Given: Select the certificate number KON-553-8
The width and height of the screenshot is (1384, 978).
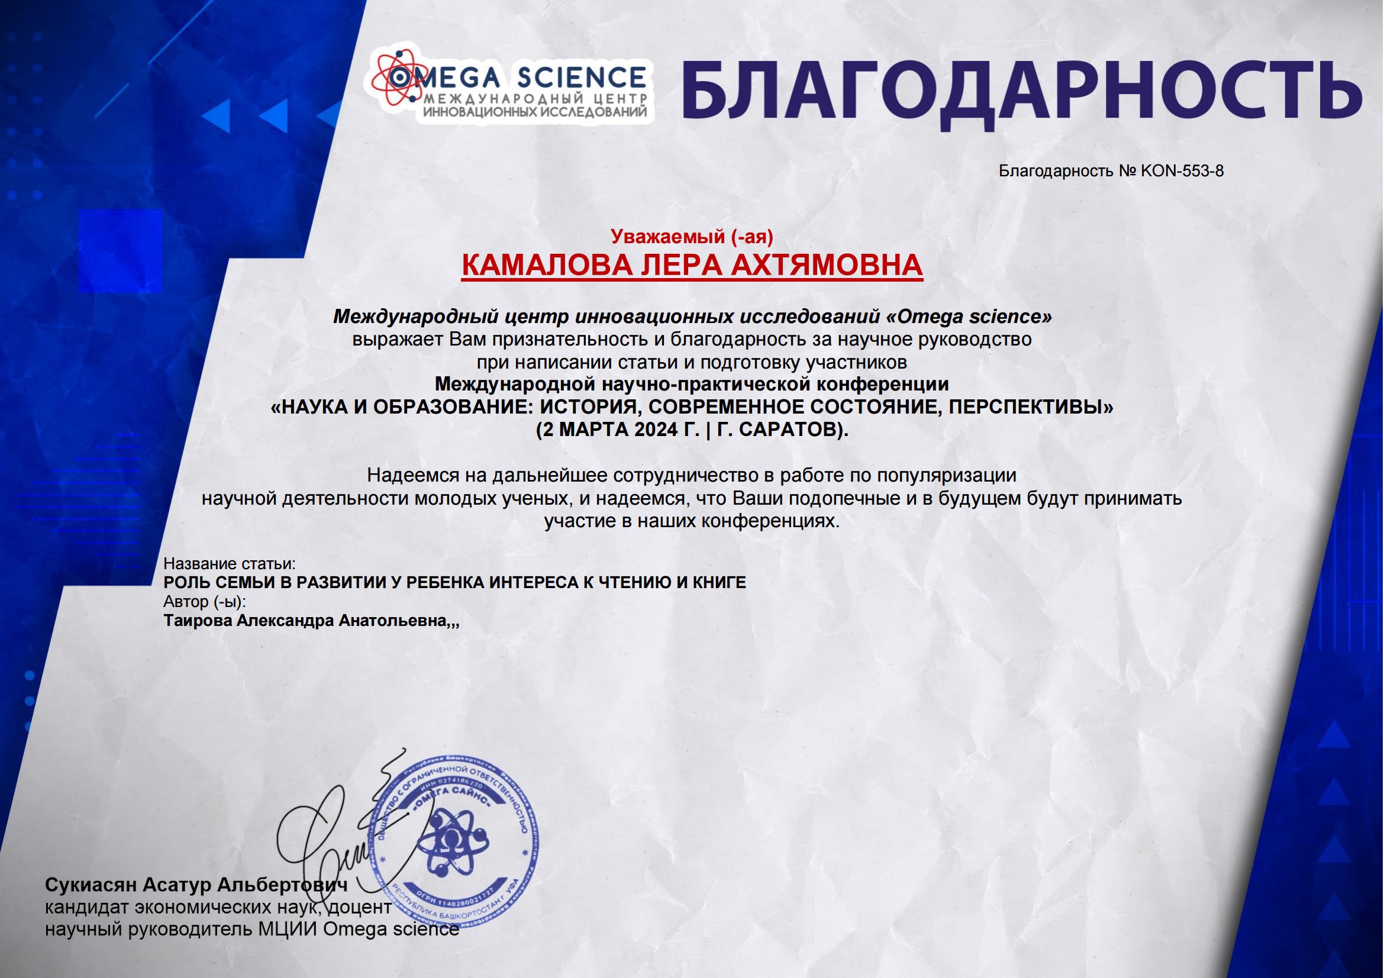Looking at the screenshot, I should [1182, 171].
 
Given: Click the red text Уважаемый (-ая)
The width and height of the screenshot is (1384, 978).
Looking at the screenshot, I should [691, 237].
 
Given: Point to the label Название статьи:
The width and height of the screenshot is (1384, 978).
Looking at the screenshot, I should [230, 564].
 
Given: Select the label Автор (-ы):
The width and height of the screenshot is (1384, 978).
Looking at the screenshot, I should [205, 601].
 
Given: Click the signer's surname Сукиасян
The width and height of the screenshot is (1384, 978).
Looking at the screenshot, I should [91, 885].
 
